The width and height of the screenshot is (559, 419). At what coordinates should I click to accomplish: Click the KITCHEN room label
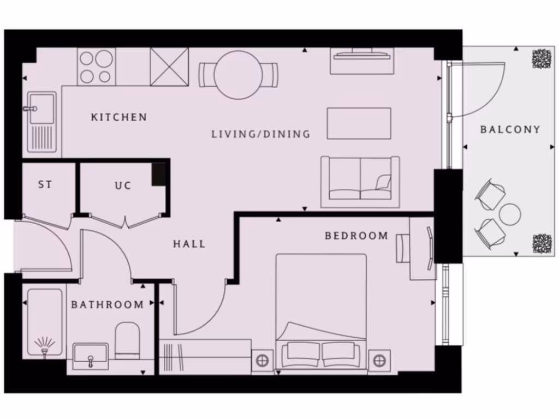click(x=118, y=117)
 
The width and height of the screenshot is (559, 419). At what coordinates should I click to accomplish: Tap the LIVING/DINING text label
click(x=260, y=134)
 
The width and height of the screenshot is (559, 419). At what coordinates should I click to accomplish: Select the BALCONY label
click(x=510, y=130)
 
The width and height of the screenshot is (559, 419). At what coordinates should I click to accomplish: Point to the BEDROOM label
click(x=356, y=236)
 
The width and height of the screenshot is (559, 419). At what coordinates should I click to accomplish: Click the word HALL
click(x=189, y=244)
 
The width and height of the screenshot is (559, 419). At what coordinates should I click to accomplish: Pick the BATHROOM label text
click(x=108, y=305)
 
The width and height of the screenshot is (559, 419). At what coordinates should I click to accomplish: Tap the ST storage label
click(x=45, y=185)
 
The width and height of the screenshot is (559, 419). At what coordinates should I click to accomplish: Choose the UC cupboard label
click(x=123, y=186)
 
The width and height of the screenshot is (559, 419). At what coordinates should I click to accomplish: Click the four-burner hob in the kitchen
click(x=96, y=67)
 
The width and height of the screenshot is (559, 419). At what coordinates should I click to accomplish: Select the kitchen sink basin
click(x=41, y=107)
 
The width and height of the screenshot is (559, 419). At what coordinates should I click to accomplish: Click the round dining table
click(x=238, y=75)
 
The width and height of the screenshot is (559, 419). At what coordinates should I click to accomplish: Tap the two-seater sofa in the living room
click(x=360, y=182)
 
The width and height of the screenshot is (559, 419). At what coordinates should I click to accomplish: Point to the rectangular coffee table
click(x=359, y=123)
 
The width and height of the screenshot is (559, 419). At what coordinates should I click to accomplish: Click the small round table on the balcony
click(x=510, y=214)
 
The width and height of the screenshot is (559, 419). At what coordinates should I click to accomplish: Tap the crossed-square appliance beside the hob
click(x=169, y=67)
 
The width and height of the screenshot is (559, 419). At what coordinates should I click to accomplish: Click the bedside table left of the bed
click(x=262, y=361)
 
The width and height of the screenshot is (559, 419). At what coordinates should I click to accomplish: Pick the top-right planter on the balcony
click(x=542, y=58)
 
